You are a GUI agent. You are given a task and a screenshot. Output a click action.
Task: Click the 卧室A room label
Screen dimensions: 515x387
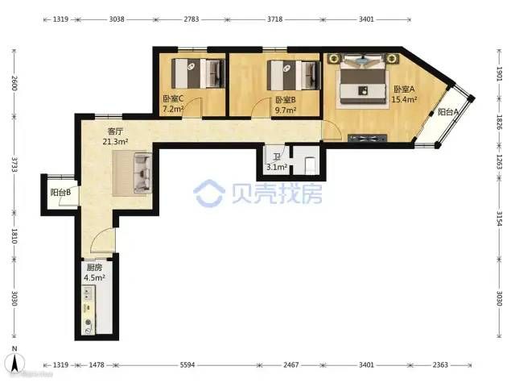tap(404, 89)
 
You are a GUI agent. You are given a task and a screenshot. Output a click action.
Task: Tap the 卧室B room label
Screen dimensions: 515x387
tap(286, 100)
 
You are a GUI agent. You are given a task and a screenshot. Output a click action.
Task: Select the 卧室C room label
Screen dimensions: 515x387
tap(173, 98)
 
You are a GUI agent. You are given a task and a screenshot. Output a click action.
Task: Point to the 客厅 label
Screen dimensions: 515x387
tap(115, 131)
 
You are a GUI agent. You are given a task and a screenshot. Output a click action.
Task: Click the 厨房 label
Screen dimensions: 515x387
tap(94, 267)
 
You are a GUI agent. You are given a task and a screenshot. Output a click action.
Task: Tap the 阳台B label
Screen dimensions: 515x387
tap(61, 192)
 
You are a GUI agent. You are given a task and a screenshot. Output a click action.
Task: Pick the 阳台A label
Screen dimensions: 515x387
tap(448, 112)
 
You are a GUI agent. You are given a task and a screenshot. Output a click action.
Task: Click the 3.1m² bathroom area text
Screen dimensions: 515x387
tap(277, 167)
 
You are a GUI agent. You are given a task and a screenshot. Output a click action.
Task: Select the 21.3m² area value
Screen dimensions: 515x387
tap(115, 142)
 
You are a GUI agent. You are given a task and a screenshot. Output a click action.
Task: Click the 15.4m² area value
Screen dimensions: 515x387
tap(404, 99)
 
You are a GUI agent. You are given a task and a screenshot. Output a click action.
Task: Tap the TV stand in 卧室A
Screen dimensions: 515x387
tap(367, 138)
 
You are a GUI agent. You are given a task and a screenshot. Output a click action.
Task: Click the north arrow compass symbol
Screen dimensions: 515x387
tap(14, 362)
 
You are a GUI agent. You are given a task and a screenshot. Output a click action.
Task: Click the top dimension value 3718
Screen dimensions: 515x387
tap(274, 19)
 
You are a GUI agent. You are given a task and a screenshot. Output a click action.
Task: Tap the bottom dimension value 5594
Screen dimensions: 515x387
tap(187, 364)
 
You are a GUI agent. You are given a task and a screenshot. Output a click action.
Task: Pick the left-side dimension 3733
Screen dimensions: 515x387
tap(14, 164)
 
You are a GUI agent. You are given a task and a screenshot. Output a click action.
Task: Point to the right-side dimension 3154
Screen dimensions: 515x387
tap(499, 218)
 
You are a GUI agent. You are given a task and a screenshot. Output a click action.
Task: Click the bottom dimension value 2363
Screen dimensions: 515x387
tap(440, 364)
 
